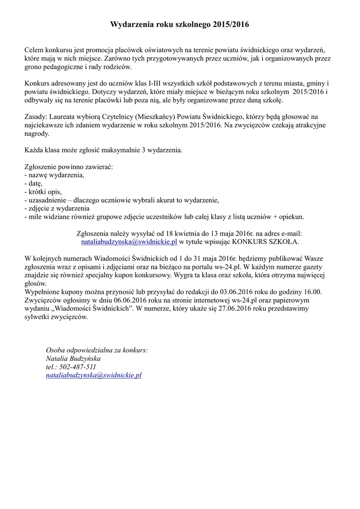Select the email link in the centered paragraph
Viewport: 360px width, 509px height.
(x=129, y=242)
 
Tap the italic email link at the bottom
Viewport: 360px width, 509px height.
(x=93, y=375)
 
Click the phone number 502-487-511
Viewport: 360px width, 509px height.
(x=71, y=367)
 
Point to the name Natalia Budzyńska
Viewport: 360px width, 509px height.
(x=73, y=358)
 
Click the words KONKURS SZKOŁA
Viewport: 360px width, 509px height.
(x=270, y=242)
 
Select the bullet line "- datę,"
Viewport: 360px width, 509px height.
(x=37, y=183)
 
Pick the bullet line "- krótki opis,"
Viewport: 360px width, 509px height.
(x=45, y=192)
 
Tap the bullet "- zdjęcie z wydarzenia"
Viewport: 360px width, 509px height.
(x=57, y=208)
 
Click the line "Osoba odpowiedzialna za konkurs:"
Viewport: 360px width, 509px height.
(x=96, y=350)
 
